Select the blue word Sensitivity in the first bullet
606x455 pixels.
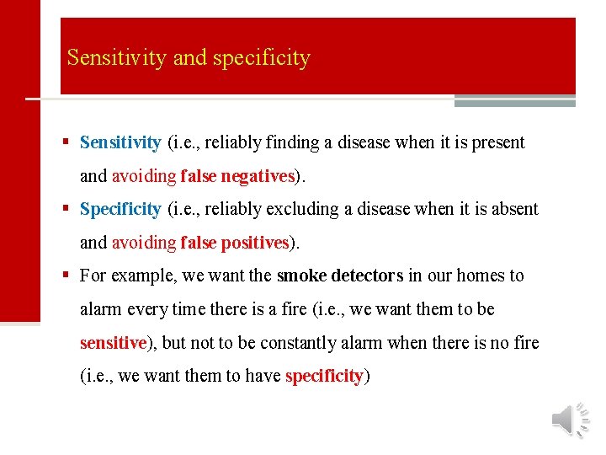pos(120,142)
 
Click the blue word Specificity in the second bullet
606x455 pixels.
pos(120,209)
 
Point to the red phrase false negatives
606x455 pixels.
pos(237,176)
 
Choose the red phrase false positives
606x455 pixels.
pos(234,243)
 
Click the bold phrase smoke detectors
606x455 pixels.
pos(339,276)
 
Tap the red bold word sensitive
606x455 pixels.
pos(113,343)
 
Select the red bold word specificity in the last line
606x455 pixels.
pos(324,376)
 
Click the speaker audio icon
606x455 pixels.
pos(571,419)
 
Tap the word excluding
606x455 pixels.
pos(296,209)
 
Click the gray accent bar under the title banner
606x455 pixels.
pos(514,102)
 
